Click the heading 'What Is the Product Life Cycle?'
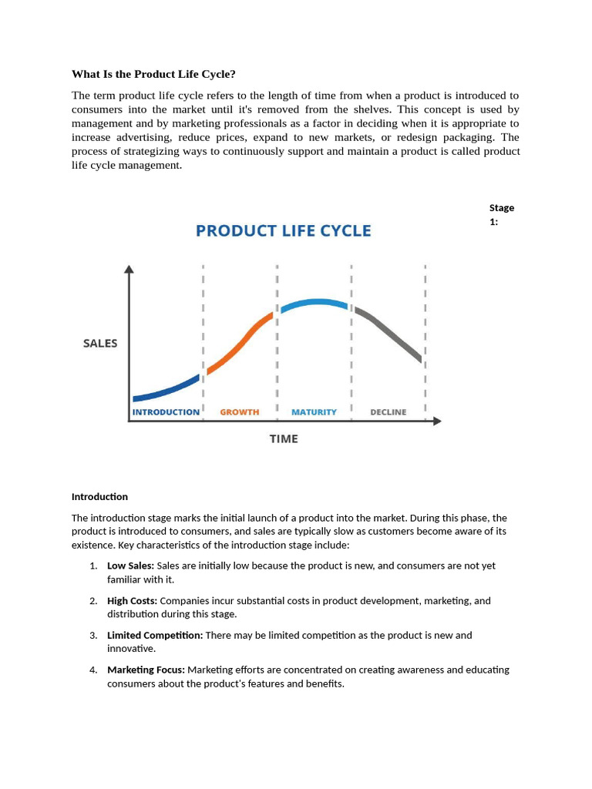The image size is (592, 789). (x=153, y=74)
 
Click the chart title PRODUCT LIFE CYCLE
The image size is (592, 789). (x=283, y=230)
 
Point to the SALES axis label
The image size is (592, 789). (x=100, y=343)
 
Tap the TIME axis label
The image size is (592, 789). (x=283, y=438)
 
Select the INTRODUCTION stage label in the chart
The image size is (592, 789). (x=166, y=412)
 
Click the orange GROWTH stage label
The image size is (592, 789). (x=240, y=412)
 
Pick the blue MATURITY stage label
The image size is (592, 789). (x=314, y=412)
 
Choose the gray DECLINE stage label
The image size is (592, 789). (x=388, y=412)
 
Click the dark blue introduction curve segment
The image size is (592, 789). (x=166, y=390)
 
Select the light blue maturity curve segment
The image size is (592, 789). (x=314, y=303)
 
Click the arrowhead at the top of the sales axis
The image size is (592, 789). (x=129, y=270)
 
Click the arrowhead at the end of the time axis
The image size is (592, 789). (x=437, y=421)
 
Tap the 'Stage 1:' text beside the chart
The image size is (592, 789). (x=501, y=214)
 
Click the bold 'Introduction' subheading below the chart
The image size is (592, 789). (x=99, y=496)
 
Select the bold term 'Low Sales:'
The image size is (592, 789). (x=130, y=566)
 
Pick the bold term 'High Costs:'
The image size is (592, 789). (x=132, y=600)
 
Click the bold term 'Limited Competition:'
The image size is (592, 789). (x=155, y=635)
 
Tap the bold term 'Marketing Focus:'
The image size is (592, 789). (x=146, y=670)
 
